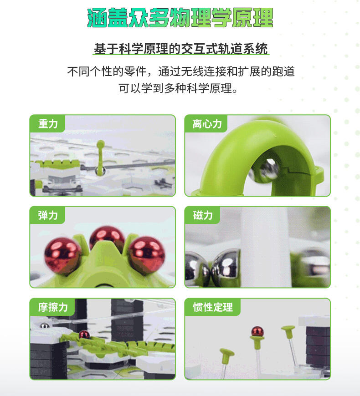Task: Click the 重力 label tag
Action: coord(47,124)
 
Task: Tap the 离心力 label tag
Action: coord(206,124)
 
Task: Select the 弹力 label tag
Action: coord(47,215)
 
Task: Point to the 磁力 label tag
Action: coord(202,215)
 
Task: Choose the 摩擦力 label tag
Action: coord(52,307)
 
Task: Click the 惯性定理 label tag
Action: coord(213,307)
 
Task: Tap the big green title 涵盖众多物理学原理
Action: coord(180,18)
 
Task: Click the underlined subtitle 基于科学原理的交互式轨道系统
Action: coord(180,49)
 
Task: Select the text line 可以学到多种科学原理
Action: coord(178,88)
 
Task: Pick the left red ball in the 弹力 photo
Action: coord(63,256)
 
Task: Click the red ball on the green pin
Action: coord(257,332)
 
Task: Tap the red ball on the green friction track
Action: coord(84,335)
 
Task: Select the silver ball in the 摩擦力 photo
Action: coord(45,325)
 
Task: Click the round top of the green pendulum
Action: coord(100,144)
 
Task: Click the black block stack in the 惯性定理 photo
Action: coord(318,346)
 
